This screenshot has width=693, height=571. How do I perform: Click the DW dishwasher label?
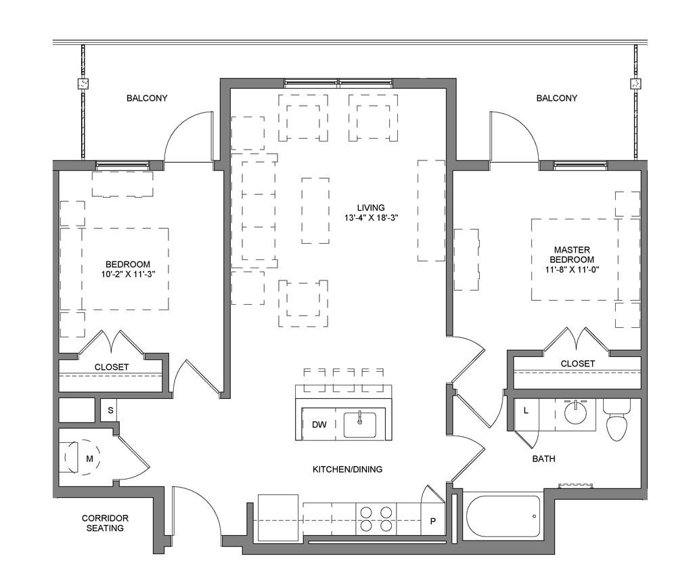tap(319, 425)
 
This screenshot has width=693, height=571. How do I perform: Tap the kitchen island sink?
tap(360, 425)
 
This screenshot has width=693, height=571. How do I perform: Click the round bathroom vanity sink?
tap(575, 413)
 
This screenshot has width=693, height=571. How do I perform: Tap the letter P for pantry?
tap(432, 521)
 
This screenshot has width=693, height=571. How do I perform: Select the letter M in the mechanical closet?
tap(89, 459)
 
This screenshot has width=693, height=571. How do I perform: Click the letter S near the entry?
tap(110, 410)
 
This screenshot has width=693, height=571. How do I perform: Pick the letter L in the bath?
tap(526, 410)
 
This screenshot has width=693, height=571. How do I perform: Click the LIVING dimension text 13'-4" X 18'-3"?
tap(371, 217)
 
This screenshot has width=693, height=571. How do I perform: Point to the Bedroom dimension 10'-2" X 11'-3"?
tap(128, 274)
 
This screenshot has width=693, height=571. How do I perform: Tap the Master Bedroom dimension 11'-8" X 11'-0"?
tap(572, 270)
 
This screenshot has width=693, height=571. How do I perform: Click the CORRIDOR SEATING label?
tap(105, 523)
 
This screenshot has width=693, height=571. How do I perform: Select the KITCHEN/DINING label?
tap(347, 469)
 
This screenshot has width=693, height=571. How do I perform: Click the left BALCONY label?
tap(147, 98)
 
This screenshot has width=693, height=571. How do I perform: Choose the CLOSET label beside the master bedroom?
tap(578, 364)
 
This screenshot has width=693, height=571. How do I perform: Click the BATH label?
tap(543, 459)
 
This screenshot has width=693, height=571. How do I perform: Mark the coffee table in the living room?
tap(315, 211)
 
